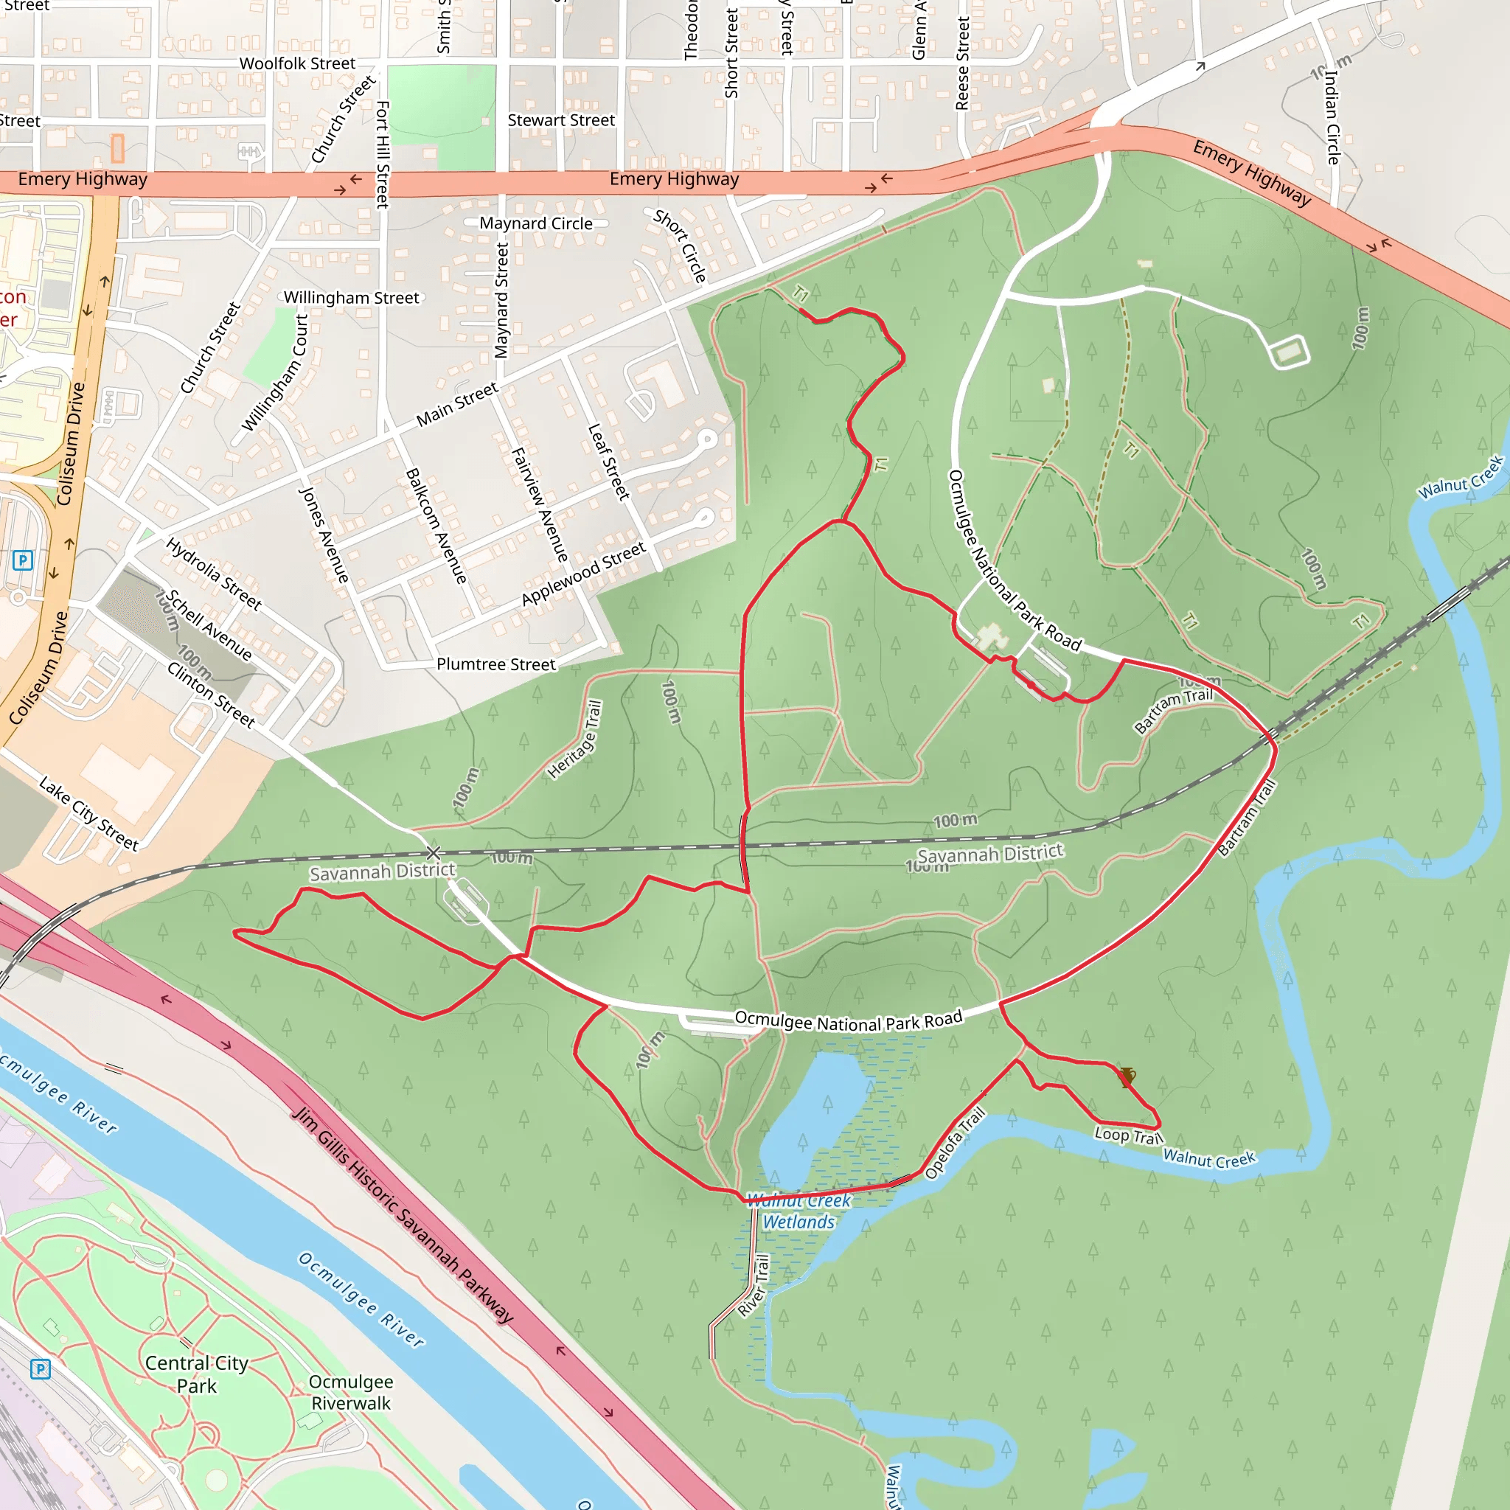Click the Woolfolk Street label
click(x=297, y=63)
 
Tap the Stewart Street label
click(x=561, y=120)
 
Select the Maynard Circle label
click(x=536, y=223)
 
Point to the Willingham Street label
click(x=351, y=298)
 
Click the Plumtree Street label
click(x=496, y=664)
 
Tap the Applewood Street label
click(x=584, y=574)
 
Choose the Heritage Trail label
click(x=575, y=740)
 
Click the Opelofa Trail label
click(x=955, y=1143)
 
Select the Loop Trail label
click(x=1128, y=1135)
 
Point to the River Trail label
click(x=754, y=1285)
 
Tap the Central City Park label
click(x=196, y=1374)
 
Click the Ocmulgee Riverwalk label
click(x=351, y=1392)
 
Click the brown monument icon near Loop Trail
click(x=1125, y=1078)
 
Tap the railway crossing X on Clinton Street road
click(x=433, y=853)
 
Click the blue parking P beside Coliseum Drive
click(x=23, y=560)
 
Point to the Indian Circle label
click(x=1332, y=117)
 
